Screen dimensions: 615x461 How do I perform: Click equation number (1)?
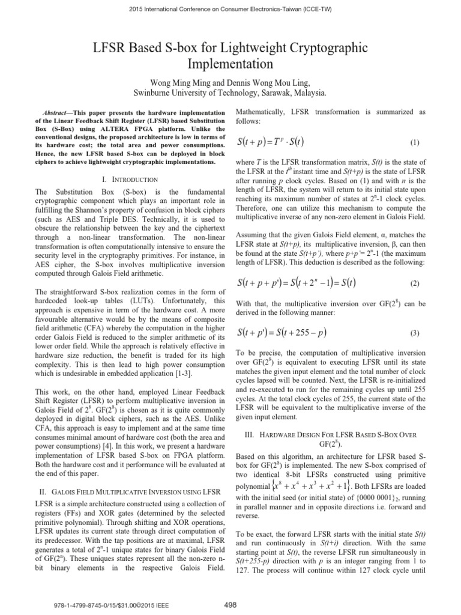click(x=414, y=144)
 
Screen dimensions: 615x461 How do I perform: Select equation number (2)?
click(x=414, y=282)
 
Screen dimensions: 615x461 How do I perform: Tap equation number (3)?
click(x=414, y=333)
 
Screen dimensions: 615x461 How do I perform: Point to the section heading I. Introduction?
click(x=129, y=180)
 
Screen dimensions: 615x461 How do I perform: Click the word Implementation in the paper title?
click(x=230, y=62)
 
